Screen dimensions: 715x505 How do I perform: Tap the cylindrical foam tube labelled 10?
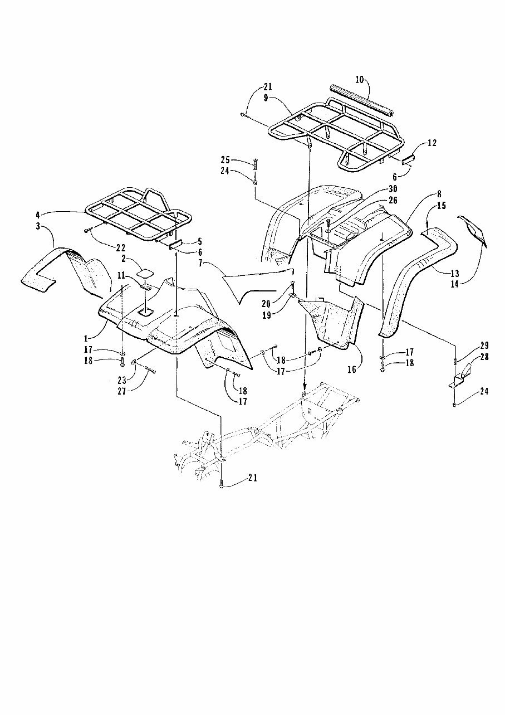pos(362,100)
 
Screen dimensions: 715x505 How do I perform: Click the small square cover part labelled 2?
pos(146,273)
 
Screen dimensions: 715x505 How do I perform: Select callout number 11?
pos(121,275)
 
